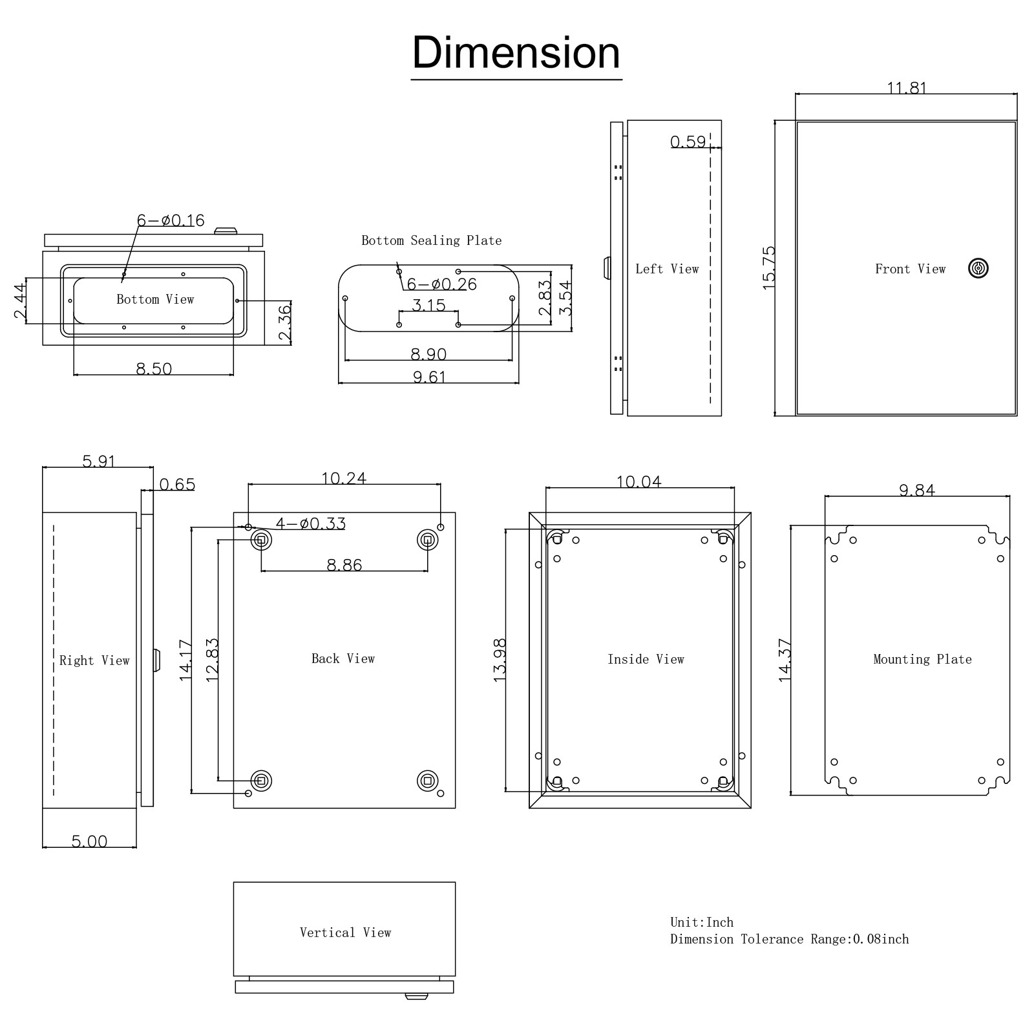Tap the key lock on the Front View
pos(978,268)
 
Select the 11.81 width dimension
pos(907,87)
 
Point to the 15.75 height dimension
pos(768,268)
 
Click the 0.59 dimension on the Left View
pos(688,142)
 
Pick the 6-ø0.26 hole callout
pos(441,284)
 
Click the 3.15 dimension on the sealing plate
pos(428,305)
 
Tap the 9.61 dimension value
pos(429,377)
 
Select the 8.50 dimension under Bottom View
pos(154,369)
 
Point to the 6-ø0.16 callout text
pos(171,220)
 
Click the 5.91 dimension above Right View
pos(98,461)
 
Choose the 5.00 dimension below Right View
pos(89,841)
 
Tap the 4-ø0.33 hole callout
pos(311,523)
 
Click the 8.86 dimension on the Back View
pos(344,565)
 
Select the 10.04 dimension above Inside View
pos(638,482)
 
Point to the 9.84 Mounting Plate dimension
pos(917,491)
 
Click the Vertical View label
pos(345,933)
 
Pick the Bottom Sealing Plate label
pos(431,240)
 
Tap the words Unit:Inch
pos(702,922)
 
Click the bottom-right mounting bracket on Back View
pos(427,781)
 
